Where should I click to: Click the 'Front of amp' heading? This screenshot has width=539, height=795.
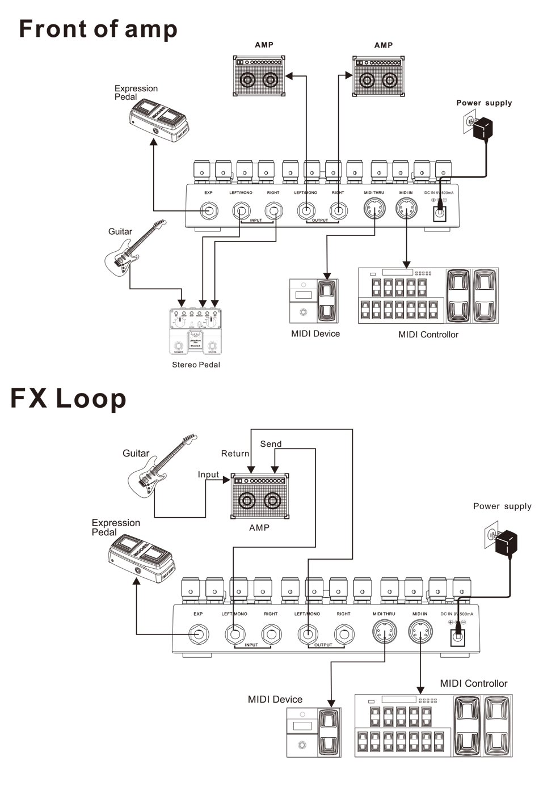[x=98, y=29]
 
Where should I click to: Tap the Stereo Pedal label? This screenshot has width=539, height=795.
[x=196, y=365]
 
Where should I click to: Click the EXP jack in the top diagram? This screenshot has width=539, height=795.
[x=208, y=212]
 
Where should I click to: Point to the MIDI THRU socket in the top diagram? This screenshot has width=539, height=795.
[x=374, y=210]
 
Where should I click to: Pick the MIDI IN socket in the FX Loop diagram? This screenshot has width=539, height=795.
[x=420, y=632]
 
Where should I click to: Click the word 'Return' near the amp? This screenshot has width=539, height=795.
[x=235, y=454]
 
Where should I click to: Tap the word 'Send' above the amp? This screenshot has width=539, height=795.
[x=271, y=444]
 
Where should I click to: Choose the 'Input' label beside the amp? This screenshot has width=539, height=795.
[x=208, y=475]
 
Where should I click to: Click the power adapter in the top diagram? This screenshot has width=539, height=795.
[x=482, y=128]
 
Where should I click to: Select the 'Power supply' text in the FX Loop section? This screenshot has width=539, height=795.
[x=502, y=506]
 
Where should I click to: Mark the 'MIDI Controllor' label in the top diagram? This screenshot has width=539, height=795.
[x=428, y=335]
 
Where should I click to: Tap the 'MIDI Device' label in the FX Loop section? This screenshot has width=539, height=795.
[x=275, y=700]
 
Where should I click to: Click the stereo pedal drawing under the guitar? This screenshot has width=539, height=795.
[x=195, y=332]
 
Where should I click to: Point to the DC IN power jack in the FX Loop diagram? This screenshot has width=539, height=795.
[x=457, y=637]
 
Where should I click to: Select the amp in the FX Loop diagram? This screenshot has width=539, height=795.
[x=260, y=496]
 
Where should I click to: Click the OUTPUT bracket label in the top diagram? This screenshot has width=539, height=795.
[x=320, y=220]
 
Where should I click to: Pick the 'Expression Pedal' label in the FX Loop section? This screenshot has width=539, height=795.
[x=116, y=527]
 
